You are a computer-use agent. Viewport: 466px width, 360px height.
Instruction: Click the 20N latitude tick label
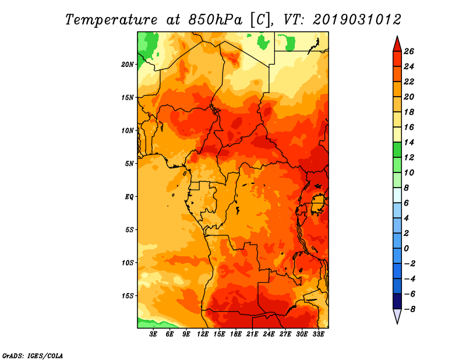pos(127,65)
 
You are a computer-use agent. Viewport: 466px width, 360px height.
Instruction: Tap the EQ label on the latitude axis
pos(129,197)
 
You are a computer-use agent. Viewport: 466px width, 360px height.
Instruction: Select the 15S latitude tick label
pos(128,296)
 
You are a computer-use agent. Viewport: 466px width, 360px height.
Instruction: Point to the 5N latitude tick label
pos(129,164)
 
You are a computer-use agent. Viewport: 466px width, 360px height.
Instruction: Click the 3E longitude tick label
pos(153,334)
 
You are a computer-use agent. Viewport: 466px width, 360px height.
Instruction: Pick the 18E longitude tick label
pos(236,334)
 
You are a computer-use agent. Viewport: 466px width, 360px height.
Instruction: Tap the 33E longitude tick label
pos(318,334)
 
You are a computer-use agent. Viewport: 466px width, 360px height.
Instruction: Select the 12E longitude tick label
pos(203,334)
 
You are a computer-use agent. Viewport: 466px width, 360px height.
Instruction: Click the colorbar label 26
pos(409,51)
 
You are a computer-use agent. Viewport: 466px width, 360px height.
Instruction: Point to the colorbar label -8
pos(409,309)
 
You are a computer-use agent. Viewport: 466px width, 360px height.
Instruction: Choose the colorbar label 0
pos(406,249)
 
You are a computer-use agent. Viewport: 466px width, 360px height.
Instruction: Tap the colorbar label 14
pos(409,142)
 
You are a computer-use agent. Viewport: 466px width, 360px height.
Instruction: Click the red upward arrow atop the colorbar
pos(397,45)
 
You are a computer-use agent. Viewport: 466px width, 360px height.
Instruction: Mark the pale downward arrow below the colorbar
pos(397,315)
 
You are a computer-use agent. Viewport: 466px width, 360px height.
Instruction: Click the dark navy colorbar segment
pos(397,301)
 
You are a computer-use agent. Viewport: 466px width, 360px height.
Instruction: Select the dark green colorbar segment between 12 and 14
pos(397,150)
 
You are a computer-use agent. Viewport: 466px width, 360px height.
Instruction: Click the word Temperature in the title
pos(111,20)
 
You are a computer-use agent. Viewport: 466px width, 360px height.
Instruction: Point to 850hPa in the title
pos(216,20)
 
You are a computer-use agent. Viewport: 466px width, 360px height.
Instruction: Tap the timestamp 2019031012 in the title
pos(357,20)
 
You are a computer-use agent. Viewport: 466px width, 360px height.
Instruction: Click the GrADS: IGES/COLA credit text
pos(33,356)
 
